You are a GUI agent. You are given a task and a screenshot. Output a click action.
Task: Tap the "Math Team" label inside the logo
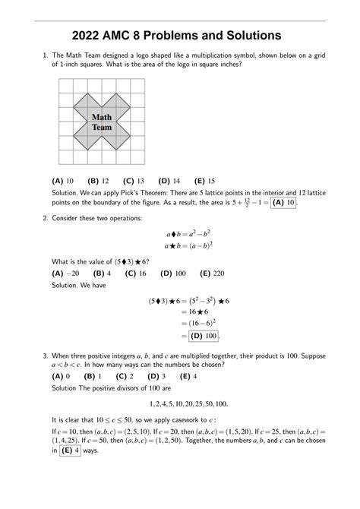[102, 122]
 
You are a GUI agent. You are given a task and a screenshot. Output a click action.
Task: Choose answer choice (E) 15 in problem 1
[204, 181]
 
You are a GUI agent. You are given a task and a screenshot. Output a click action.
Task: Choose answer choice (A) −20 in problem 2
[65, 272]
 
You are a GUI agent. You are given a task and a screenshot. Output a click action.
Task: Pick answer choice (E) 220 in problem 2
[211, 272]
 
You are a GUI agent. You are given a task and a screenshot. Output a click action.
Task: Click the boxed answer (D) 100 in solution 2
[204, 336]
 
